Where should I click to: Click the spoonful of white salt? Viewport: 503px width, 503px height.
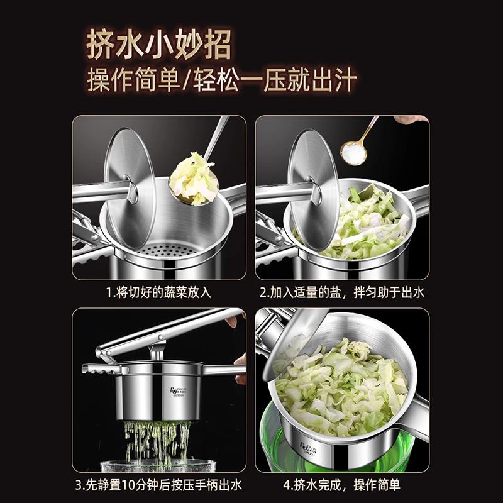(x=354, y=152)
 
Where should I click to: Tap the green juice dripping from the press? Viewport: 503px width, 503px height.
(x=157, y=440)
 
